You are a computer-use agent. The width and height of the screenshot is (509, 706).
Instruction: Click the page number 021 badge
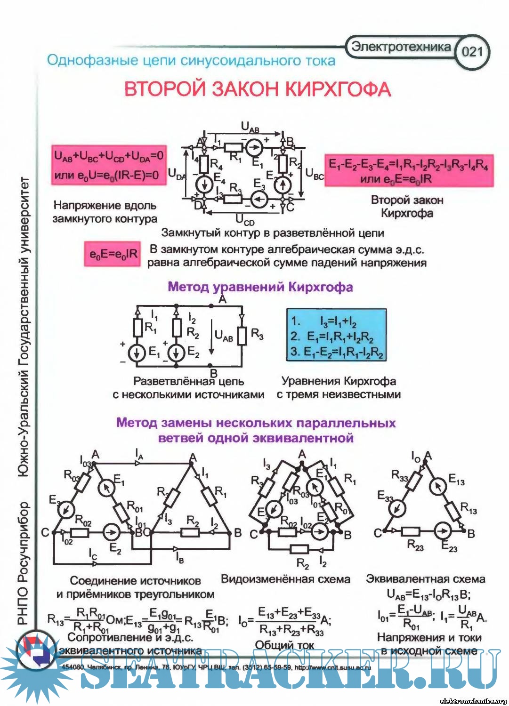pyautogui.click(x=472, y=51)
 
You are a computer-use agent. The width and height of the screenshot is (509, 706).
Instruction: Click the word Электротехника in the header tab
pyautogui.click(x=401, y=47)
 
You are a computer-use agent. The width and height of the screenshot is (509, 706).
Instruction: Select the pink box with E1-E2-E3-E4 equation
pyautogui.click(x=409, y=171)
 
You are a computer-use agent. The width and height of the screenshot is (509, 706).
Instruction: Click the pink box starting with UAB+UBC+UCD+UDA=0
pyautogui.click(x=109, y=165)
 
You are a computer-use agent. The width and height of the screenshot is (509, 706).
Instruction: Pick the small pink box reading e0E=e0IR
pyautogui.click(x=113, y=254)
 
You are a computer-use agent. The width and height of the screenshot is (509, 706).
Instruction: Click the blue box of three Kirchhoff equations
pyautogui.click(x=337, y=335)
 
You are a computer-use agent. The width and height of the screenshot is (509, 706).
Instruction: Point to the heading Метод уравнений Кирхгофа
pyautogui.click(x=260, y=287)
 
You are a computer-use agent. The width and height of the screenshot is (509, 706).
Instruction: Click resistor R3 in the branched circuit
pyautogui.click(x=242, y=336)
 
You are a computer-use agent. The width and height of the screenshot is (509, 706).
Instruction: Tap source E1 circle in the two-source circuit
pyautogui.click(x=137, y=353)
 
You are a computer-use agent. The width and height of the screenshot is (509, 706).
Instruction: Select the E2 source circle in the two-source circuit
pyautogui.click(x=177, y=353)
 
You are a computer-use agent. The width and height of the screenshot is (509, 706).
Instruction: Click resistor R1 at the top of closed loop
pyautogui.click(x=234, y=147)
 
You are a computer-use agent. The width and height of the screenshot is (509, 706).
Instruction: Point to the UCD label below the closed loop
pyautogui.click(x=245, y=220)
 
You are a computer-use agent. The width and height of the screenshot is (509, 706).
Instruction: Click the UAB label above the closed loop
pyautogui.click(x=250, y=128)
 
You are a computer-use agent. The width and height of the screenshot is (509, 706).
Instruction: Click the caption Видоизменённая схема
pyautogui.click(x=286, y=579)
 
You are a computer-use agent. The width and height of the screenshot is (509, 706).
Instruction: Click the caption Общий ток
pyautogui.click(x=284, y=645)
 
